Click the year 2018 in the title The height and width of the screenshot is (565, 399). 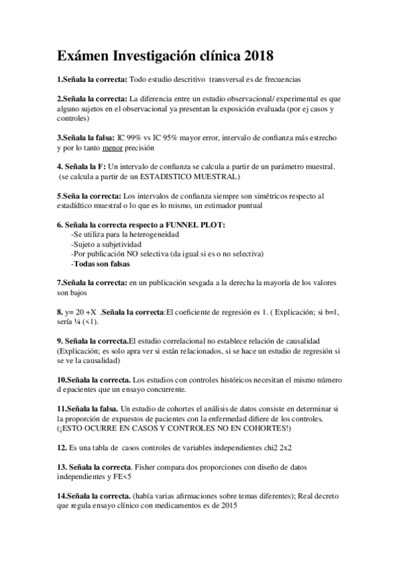point(254,53)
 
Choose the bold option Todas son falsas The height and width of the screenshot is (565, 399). point(101,263)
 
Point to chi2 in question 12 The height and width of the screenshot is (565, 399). point(268,448)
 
